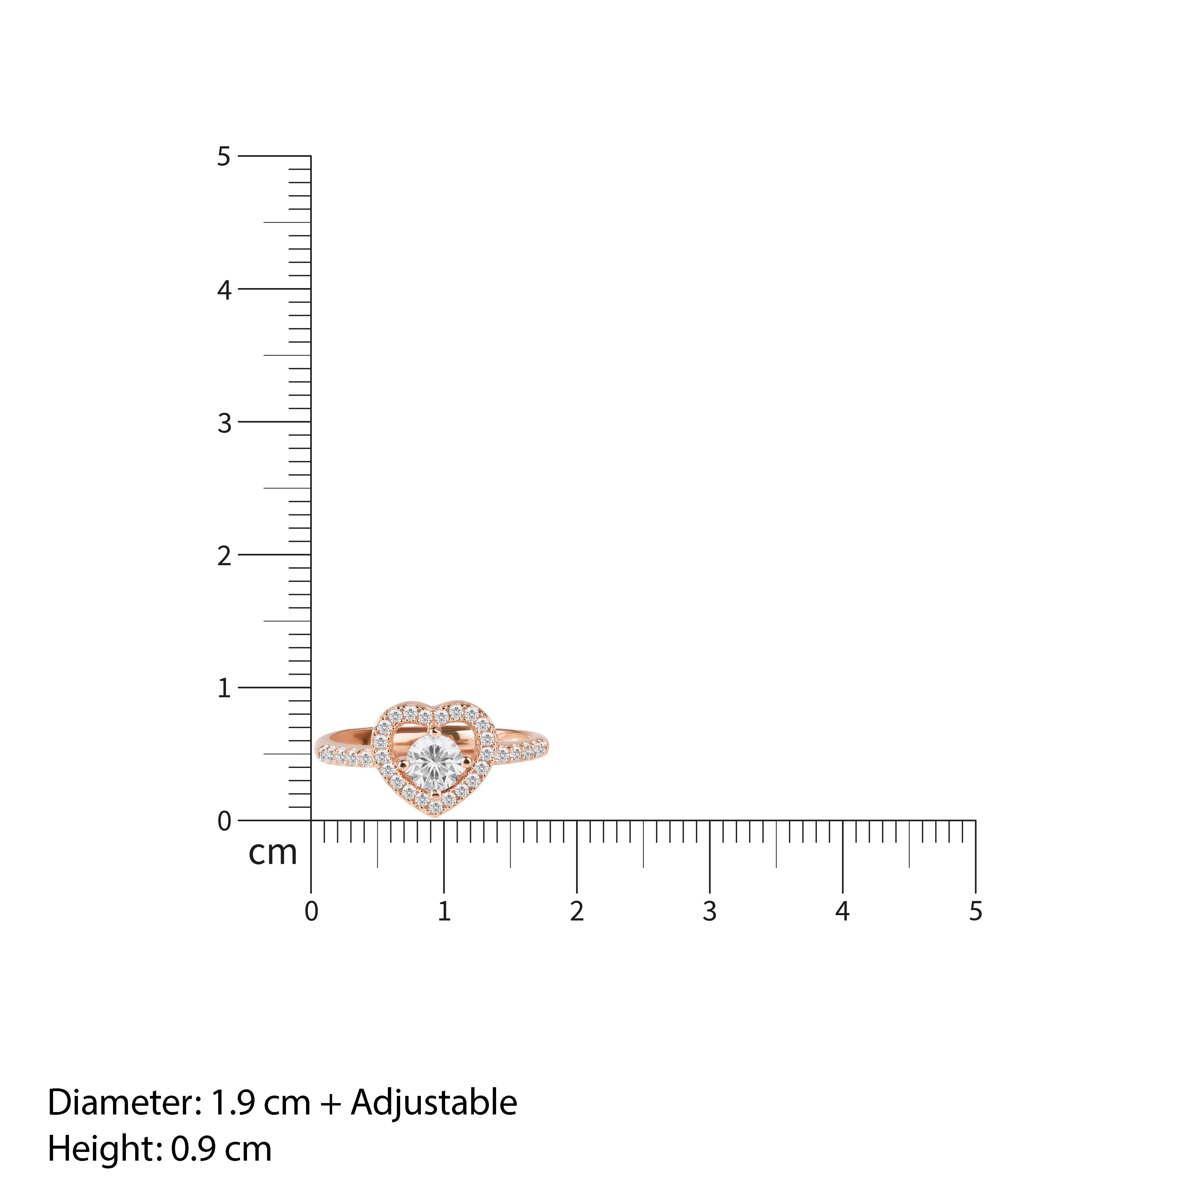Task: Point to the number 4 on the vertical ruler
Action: (x=224, y=290)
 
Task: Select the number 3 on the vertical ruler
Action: (x=224, y=423)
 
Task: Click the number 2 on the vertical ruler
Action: (x=224, y=556)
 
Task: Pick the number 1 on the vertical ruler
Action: (x=224, y=689)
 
